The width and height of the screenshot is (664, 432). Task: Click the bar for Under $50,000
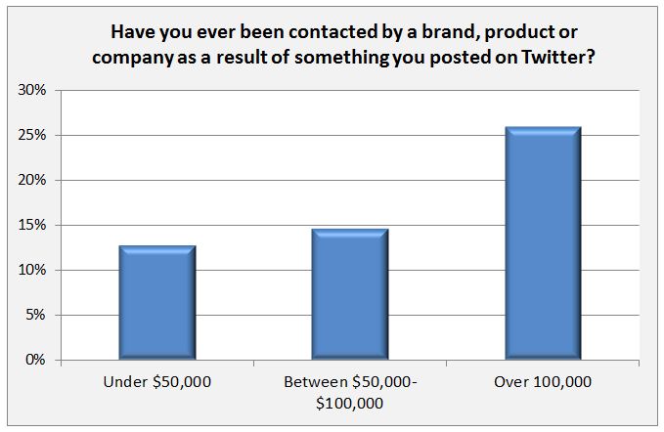coord(157,303)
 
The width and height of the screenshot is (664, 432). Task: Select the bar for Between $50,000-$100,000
coord(349,294)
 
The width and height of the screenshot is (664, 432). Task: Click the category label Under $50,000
coord(157,382)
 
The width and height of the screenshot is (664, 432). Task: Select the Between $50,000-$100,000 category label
coord(349,391)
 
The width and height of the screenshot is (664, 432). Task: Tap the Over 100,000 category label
coord(541,382)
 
